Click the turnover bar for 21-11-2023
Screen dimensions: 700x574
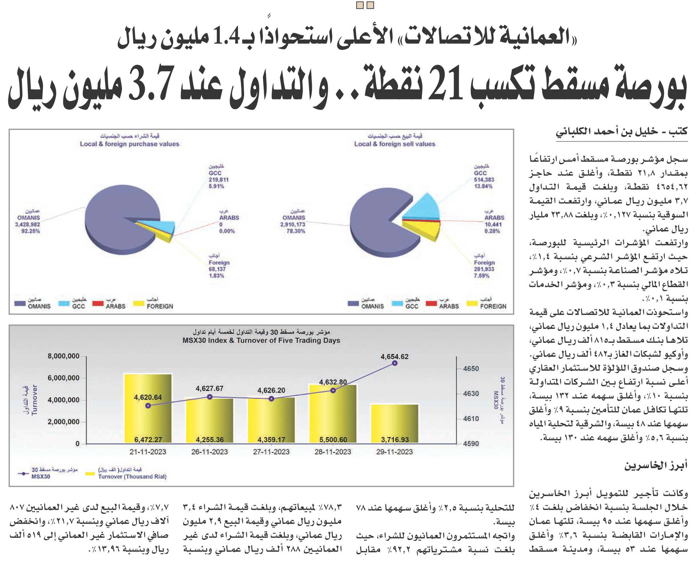point(148,408)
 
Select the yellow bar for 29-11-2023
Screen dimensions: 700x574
point(395,424)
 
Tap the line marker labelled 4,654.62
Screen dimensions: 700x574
point(395,363)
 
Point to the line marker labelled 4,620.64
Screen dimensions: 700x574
point(148,406)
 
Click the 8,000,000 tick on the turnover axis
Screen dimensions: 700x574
point(63,356)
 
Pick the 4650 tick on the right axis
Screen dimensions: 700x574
point(471,368)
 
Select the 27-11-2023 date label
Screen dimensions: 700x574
point(271,452)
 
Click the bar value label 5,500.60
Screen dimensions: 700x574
point(333,440)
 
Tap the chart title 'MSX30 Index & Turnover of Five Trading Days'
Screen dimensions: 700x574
point(261,340)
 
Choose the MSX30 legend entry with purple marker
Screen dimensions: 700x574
point(48,474)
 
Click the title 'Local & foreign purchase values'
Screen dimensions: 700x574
point(130,144)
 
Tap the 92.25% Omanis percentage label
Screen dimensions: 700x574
point(31,231)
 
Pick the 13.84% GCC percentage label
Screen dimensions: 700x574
point(483,186)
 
